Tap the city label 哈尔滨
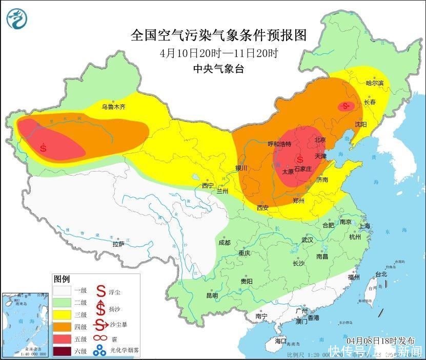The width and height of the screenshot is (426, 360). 375,83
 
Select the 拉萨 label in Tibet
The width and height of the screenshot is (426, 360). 118,244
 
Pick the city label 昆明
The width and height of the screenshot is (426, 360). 212,295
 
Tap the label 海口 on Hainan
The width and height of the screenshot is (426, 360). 281,341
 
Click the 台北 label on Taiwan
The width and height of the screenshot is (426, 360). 381,274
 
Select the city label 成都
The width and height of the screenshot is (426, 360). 224,243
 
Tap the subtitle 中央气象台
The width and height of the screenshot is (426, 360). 218,69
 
